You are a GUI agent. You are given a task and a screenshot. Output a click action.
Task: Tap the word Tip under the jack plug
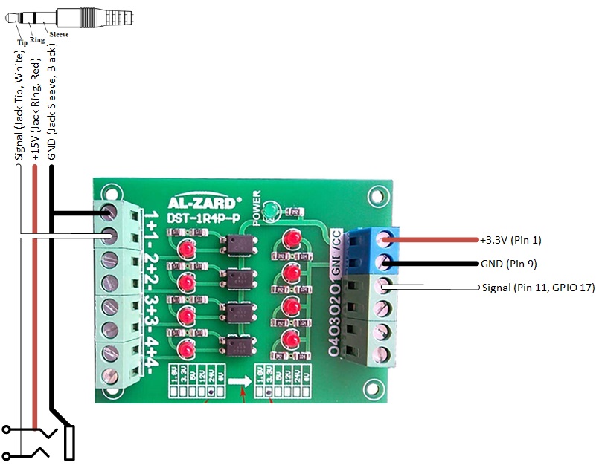pos(22,42)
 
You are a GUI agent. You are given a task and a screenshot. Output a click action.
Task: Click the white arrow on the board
pos(239,381)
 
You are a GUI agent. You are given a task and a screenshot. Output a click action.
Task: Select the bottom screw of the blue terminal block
pos(385,262)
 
